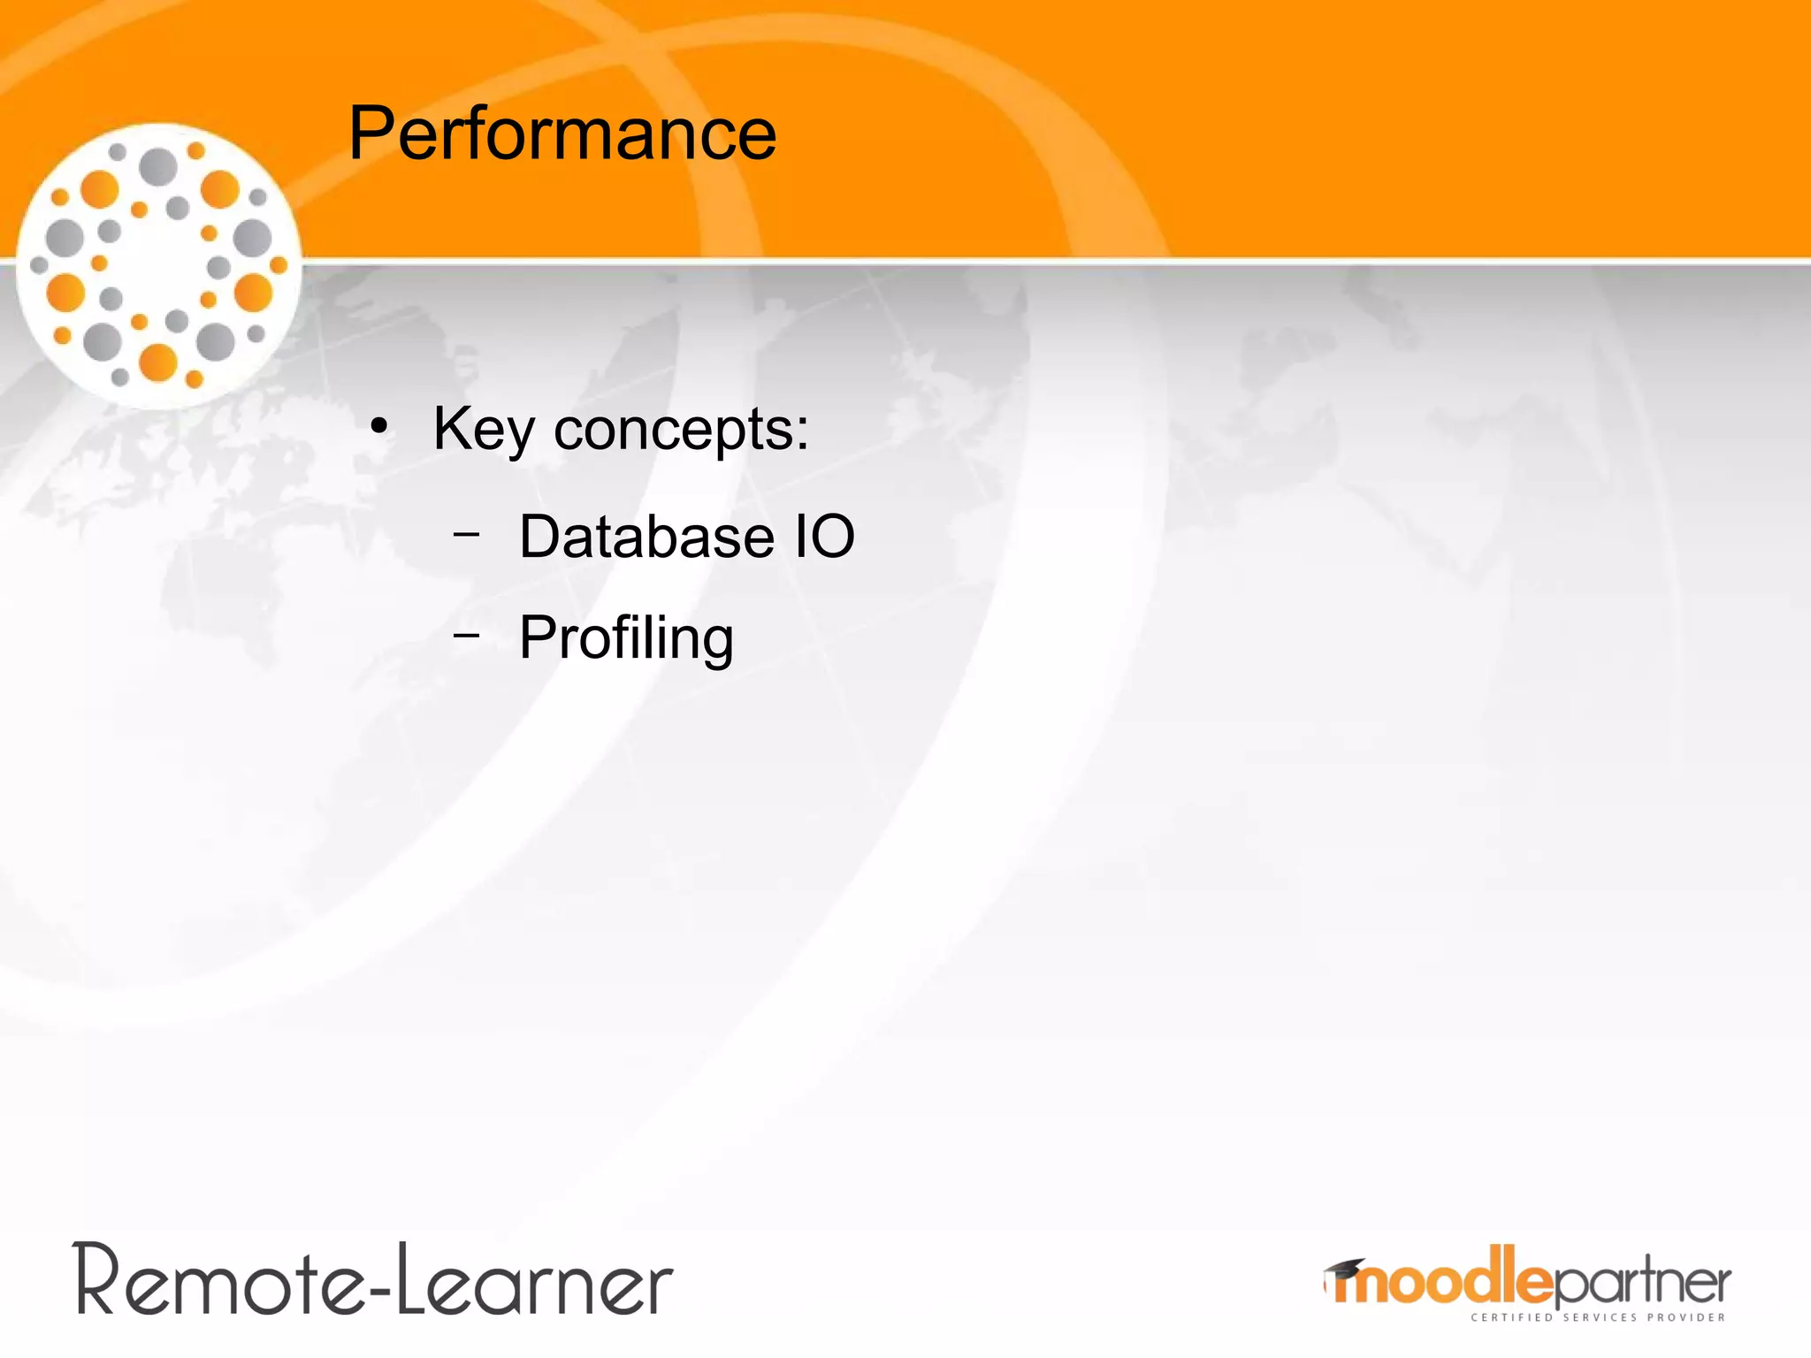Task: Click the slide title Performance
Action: coord(562,134)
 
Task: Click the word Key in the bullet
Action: coord(483,430)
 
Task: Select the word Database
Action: coord(646,537)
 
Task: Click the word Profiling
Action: coord(626,638)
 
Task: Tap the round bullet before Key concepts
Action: coord(379,427)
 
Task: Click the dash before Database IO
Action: coord(466,534)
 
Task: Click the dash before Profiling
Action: coord(466,634)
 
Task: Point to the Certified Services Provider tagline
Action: coord(1597,1317)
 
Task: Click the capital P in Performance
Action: coord(372,134)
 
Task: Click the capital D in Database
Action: coord(542,537)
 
